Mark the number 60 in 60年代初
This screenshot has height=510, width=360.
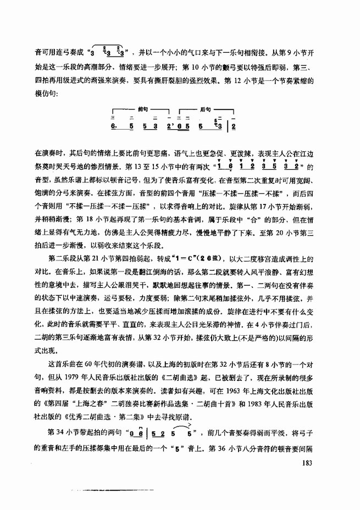88,365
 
